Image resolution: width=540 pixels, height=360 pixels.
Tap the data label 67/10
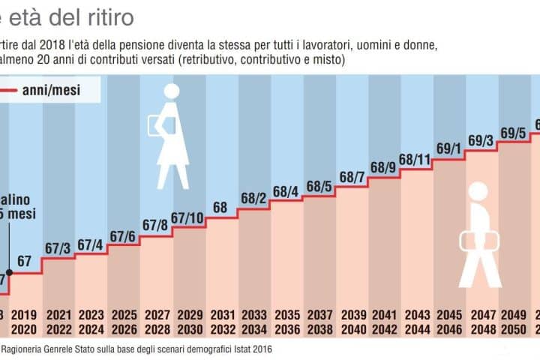pos(187,218)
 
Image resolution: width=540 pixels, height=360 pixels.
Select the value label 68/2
pos(253,199)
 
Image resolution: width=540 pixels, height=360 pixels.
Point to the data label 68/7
pos(351,177)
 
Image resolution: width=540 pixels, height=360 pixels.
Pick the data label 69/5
pos(512,133)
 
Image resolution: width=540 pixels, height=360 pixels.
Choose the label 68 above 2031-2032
pos(220,208)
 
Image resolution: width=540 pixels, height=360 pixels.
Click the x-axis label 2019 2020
pos(25,322)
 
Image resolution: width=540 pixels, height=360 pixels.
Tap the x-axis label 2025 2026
pos(122,322)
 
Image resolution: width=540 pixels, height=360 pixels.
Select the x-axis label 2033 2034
pos(253,322)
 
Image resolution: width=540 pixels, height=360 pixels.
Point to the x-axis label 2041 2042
pos(383,322)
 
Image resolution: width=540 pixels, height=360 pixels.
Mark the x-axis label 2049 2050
pos(513,322)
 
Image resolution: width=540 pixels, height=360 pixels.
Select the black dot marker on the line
pos(9,273)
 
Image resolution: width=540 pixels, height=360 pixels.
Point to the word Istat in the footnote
pos(244,349)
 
